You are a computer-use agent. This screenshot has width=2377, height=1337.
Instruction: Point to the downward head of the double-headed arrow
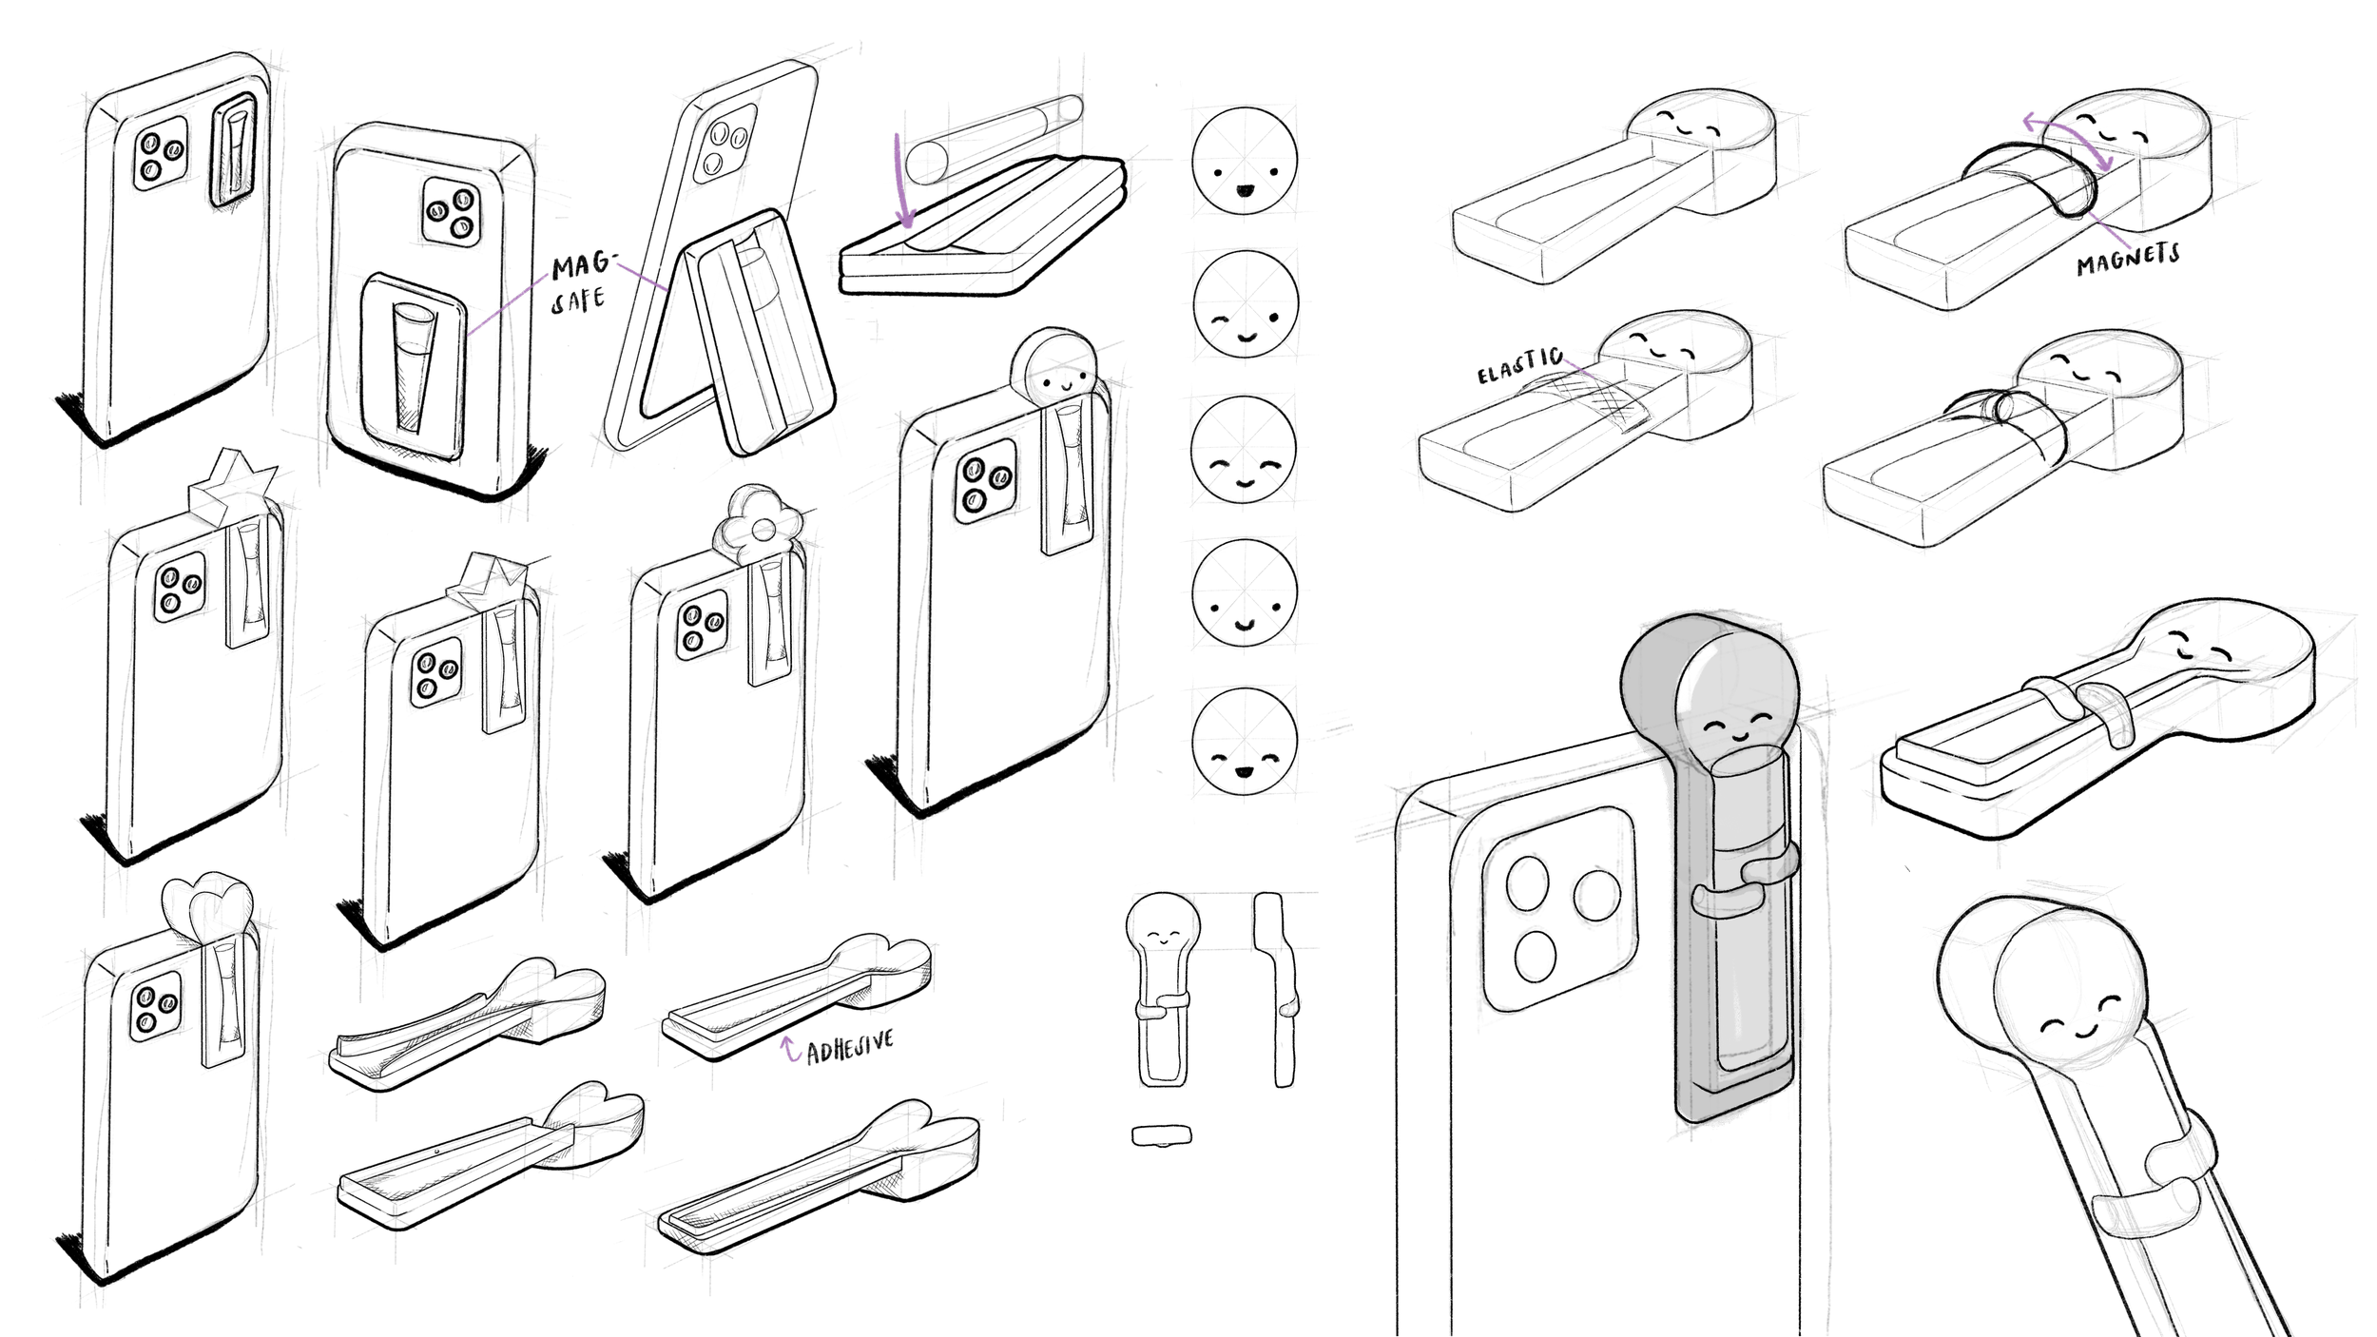tap(2108, 165)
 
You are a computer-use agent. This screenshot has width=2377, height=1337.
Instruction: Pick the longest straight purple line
tap(508, 304)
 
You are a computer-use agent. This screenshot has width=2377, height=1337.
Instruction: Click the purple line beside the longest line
tap(642, 277)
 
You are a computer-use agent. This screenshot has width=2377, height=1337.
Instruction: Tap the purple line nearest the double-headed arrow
tap(2109, 230)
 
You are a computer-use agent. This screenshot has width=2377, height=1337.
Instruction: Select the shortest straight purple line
tap(1578, 369)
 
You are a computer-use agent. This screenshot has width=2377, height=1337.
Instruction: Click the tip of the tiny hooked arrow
tap(785, 1039)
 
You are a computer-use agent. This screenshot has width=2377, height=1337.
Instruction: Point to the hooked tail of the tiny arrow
tap(796, 1056)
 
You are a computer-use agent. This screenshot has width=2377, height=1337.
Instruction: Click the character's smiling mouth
tap(1735, 736)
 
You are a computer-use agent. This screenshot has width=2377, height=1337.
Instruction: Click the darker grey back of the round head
tap(1650, 675)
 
